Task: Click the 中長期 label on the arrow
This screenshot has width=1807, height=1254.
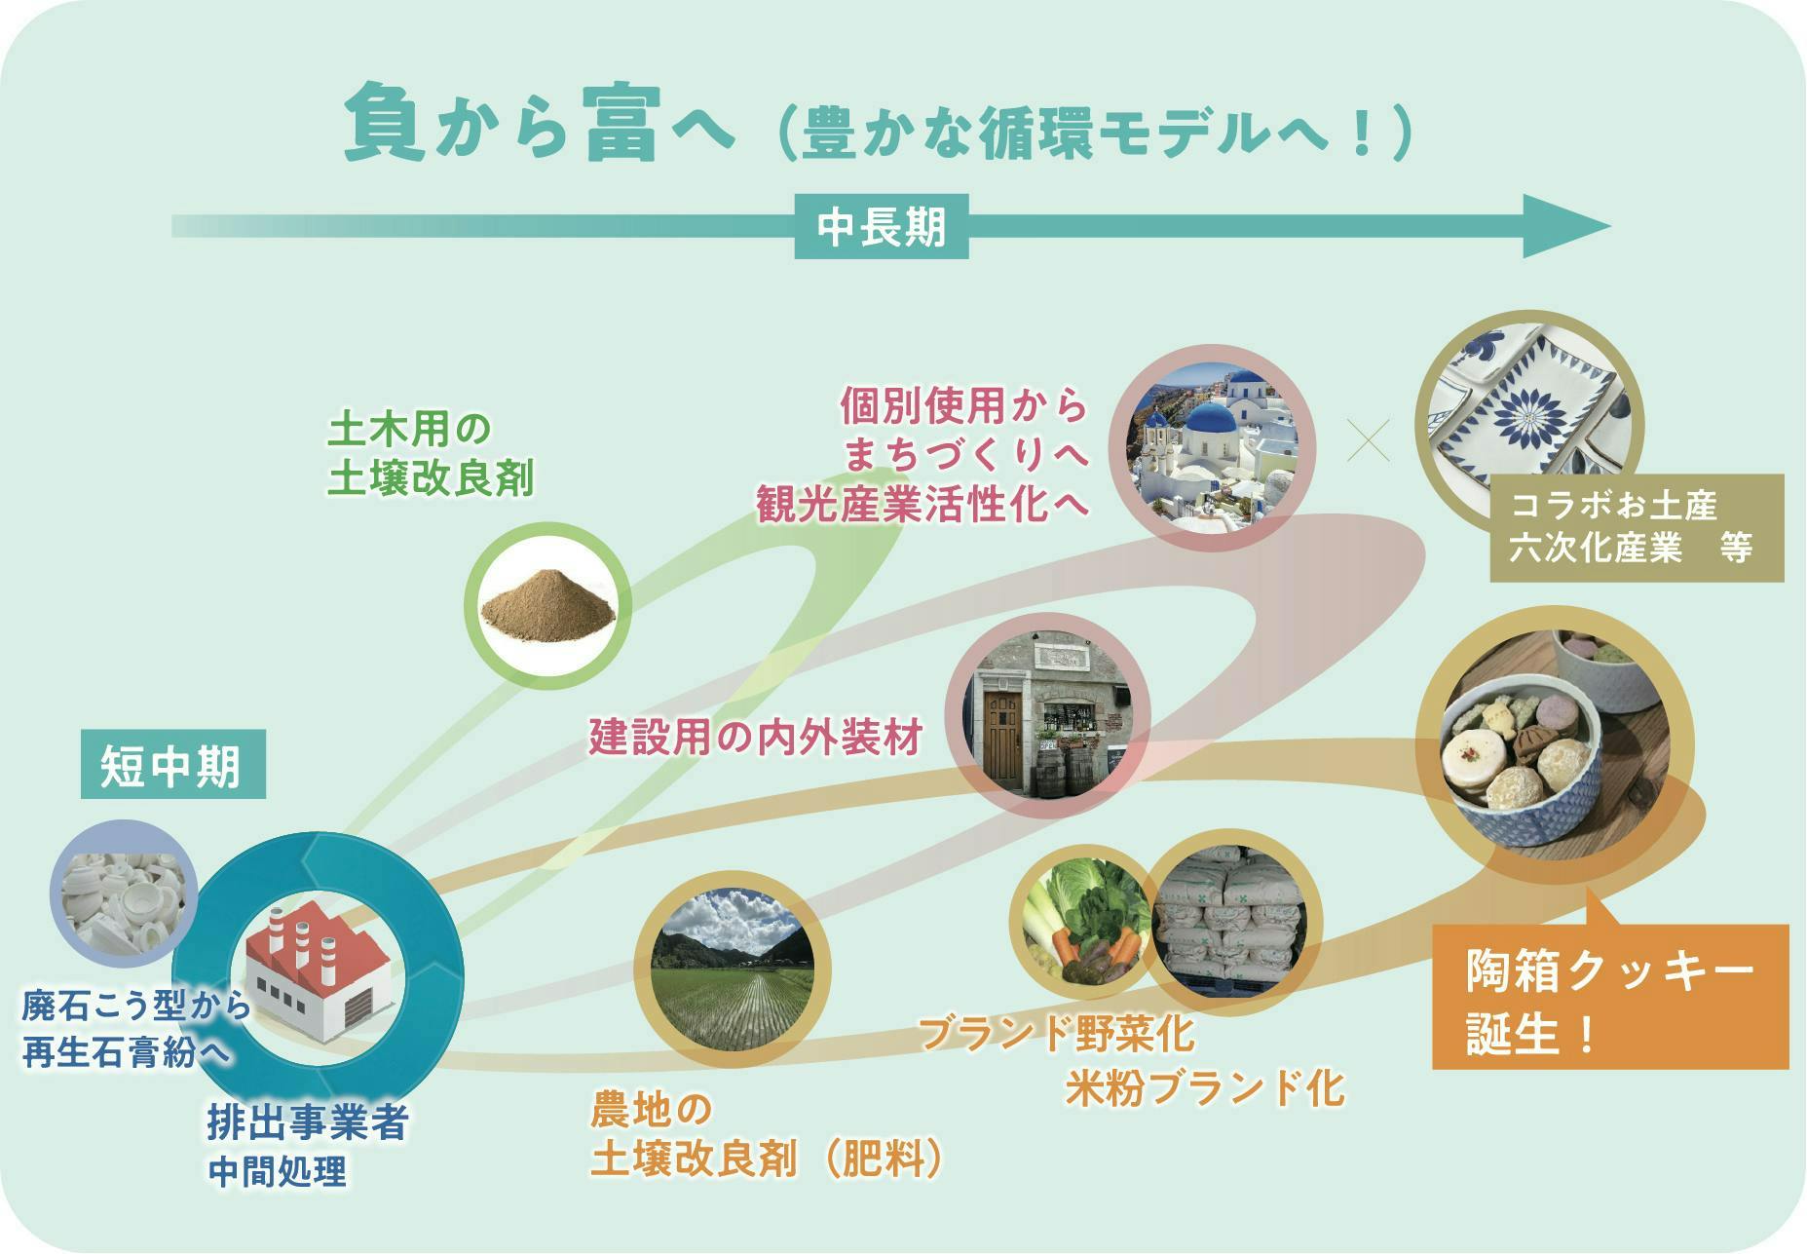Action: (x=882, y=227)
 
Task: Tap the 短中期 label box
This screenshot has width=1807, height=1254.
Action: (x=172, y=765)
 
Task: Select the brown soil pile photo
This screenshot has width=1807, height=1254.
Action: (x=547, y=606)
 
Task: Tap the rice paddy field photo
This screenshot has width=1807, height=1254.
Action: (x=732, y=971)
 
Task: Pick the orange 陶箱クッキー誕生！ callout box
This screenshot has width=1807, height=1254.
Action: (x=1610, y=996)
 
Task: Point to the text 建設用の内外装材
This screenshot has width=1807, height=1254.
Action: (x=756, y=738)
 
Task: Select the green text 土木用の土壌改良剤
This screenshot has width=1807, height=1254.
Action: (x=431, y=453)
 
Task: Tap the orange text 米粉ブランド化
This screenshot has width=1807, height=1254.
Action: (x=1204, y=1087)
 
